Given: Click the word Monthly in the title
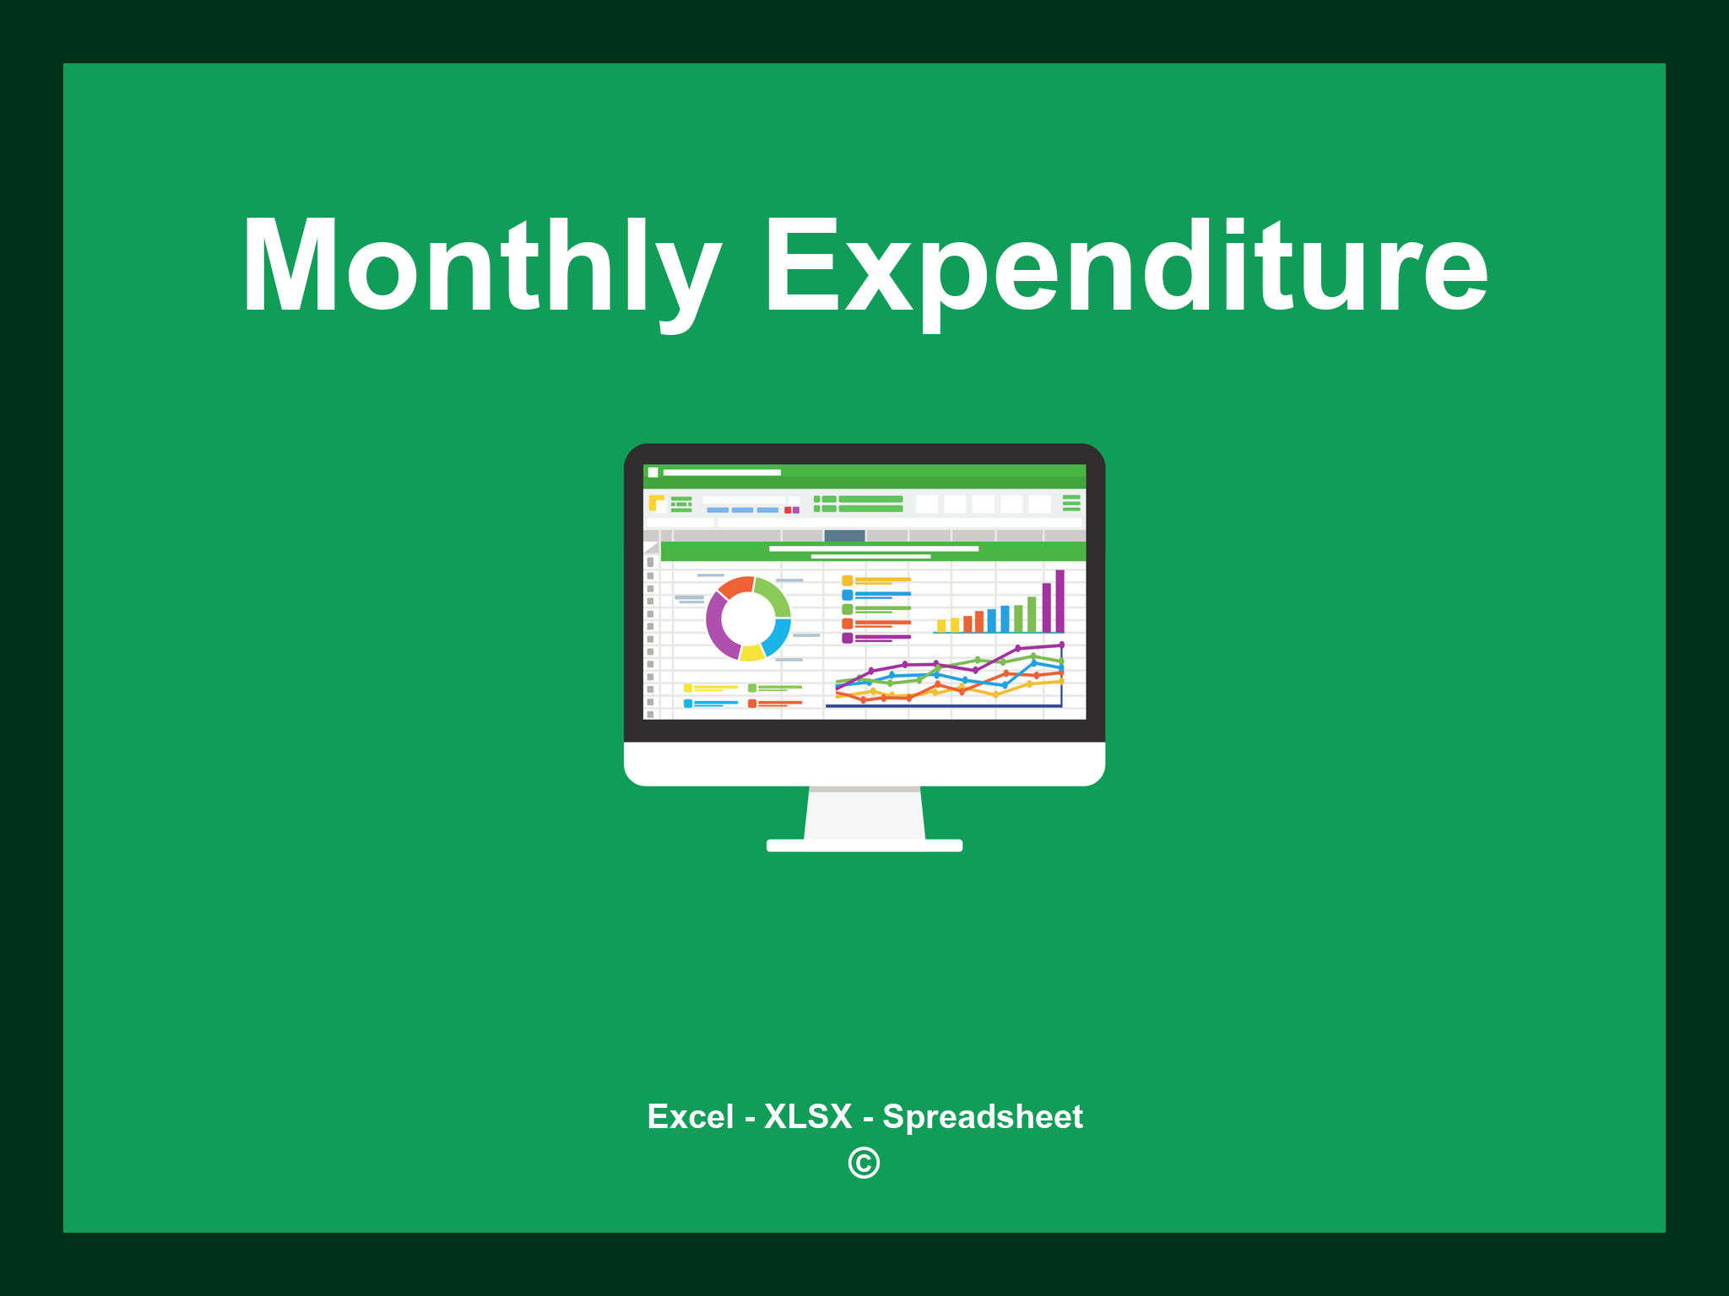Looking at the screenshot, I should point(481,266).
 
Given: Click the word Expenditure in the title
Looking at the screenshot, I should point(1125,266).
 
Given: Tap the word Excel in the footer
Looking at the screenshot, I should point(690,1116).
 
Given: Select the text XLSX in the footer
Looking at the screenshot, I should point(808,1116).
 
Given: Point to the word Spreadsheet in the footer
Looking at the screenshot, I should point(982,1116).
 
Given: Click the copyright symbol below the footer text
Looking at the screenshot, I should point(864,1164).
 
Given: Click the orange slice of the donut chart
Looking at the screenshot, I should point(735,586).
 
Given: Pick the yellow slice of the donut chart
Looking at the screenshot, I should point(751,653).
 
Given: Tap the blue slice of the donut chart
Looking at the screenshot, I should point(778,637).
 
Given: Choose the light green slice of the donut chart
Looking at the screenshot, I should point(774,594).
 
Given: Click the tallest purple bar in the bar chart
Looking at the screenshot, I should point(1060,601).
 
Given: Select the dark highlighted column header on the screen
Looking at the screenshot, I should point(844,535).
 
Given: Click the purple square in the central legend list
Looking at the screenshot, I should point(847,638).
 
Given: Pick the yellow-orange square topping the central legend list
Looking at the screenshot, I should point(847,580).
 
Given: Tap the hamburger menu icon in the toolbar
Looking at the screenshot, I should point(1071,503).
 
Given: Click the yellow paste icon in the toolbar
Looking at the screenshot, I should point(656,503).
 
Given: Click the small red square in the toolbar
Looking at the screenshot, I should point(788,510).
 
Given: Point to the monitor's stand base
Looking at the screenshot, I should point(864,845).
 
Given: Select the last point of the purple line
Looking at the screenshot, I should point(1061,645).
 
